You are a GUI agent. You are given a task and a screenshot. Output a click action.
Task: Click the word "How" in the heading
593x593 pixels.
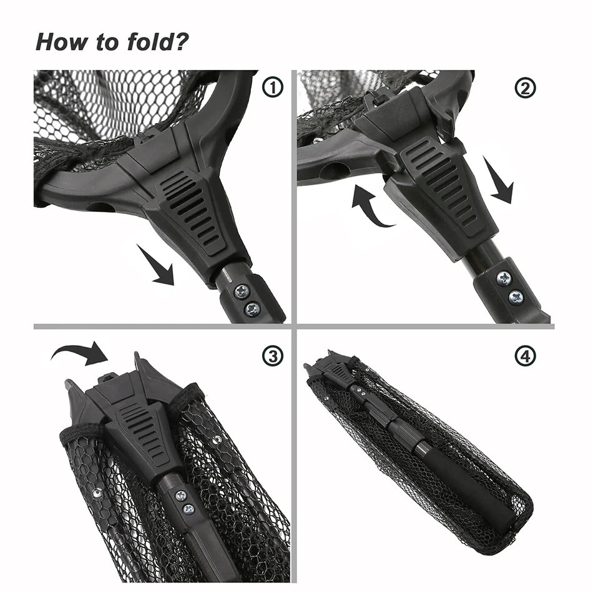(61, 42)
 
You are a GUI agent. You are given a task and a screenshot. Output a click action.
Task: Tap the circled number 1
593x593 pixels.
(272, 87)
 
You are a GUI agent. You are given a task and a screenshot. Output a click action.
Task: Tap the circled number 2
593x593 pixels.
(526, 88)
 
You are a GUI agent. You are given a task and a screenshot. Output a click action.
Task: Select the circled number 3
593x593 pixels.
(272, 356)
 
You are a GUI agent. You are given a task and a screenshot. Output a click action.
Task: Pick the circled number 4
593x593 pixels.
(526, 356)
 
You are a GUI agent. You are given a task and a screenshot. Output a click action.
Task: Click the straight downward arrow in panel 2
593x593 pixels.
(499, 181)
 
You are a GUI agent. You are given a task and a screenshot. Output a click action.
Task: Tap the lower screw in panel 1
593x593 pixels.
(252, 309)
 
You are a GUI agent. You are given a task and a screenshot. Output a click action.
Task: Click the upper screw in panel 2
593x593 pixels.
(504, 279)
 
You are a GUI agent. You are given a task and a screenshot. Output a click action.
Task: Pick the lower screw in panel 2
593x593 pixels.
(516, 297)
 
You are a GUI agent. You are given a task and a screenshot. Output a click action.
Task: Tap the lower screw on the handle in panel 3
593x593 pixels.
(189, 509)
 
